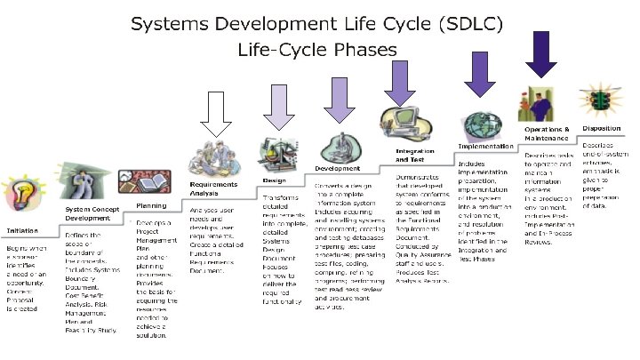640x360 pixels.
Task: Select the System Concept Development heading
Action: pos(88,213)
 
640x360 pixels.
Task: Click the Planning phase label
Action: pos(151,204)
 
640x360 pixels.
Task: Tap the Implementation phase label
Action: pos(485,146)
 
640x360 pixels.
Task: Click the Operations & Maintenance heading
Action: pos(547,133)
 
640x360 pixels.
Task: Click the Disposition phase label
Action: pos(602,128)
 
